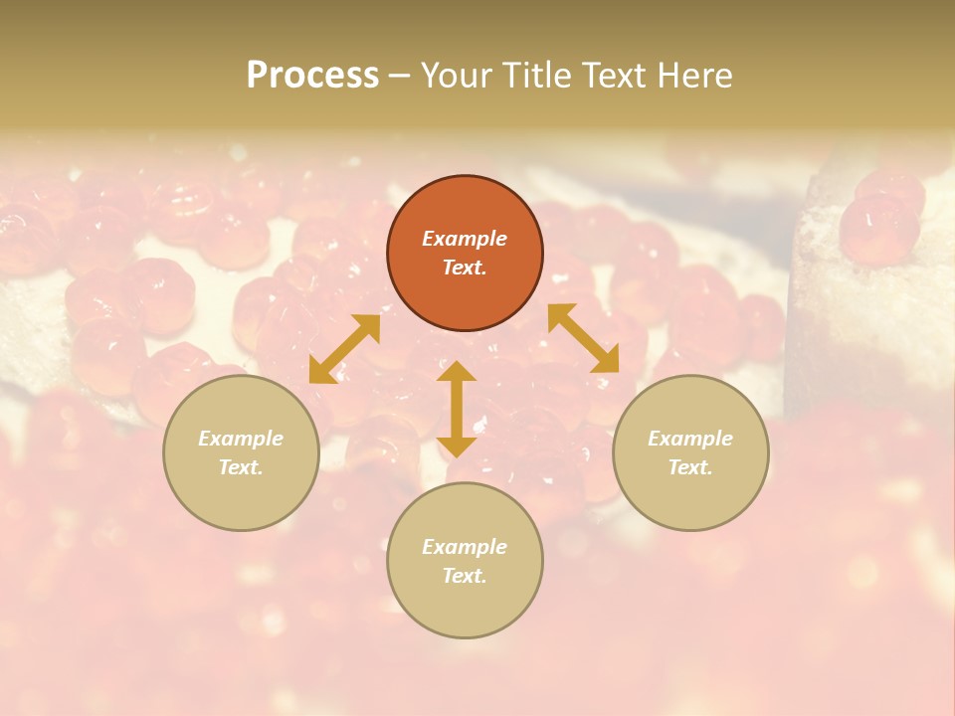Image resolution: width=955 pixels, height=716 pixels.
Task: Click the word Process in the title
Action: (x=312, y=76)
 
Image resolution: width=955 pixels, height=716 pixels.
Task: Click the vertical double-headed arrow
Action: (x=457, y=409)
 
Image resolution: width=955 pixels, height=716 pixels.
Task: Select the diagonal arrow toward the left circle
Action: (x=344, y=349)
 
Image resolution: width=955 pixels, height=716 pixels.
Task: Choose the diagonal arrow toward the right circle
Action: (x=583, y=338)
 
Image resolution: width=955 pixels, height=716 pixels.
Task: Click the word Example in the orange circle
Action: (x=465, y=239)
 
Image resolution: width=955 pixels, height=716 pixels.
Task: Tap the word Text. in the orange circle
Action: (x=465, y=268)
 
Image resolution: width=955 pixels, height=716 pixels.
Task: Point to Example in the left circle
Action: (x=241, y=439)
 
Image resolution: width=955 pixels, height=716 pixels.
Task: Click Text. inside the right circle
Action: (x=690, y=467)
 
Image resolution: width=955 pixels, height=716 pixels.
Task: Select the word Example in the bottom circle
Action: (x=465, y=547)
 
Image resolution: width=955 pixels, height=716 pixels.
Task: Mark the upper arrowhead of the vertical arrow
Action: (x=457, y=371)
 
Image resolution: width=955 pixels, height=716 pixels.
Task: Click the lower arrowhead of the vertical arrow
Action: (x=457, y=447)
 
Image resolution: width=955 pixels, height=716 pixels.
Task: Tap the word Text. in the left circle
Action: (x=241, y=467)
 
